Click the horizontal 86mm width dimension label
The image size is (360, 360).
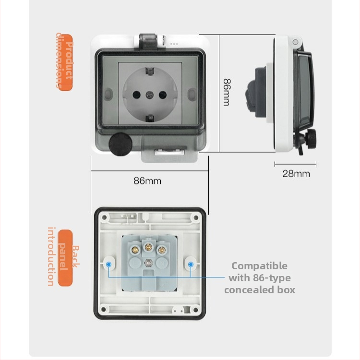coord(147,181)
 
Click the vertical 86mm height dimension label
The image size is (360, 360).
coord(226,92)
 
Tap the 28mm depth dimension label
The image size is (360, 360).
coord(296,173)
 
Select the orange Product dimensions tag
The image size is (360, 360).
coord(64,61)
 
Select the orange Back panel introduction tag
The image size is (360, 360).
coord(64,257)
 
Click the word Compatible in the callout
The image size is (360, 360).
coord(259,266)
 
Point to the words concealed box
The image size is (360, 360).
coord(259,289)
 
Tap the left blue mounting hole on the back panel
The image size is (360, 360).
coord(109,264)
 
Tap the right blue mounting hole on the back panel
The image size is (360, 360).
coord(191,264)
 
